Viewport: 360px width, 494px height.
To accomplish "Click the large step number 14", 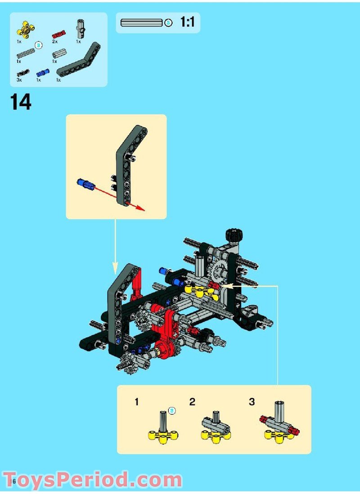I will click(21, 102).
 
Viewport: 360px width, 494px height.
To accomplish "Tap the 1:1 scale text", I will click(187, 23).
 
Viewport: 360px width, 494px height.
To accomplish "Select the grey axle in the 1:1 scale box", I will click(141, 23).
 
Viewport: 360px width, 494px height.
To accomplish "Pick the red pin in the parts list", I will click(58, 34).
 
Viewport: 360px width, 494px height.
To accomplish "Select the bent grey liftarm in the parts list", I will click(79, 61).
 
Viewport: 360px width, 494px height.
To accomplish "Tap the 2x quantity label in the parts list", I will click(54, 41).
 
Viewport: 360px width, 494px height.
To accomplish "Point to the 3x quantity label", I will click(19, 80).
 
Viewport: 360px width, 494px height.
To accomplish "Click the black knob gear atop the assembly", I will click(234, 235).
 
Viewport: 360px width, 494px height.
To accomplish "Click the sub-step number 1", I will click(137, 402).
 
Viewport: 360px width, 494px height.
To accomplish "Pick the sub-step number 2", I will click(192, 402).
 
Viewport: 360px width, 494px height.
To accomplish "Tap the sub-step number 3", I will click(252, 402).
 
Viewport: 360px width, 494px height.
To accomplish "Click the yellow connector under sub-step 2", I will click(216, 435).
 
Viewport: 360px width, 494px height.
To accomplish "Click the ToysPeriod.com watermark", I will click(92, 480).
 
